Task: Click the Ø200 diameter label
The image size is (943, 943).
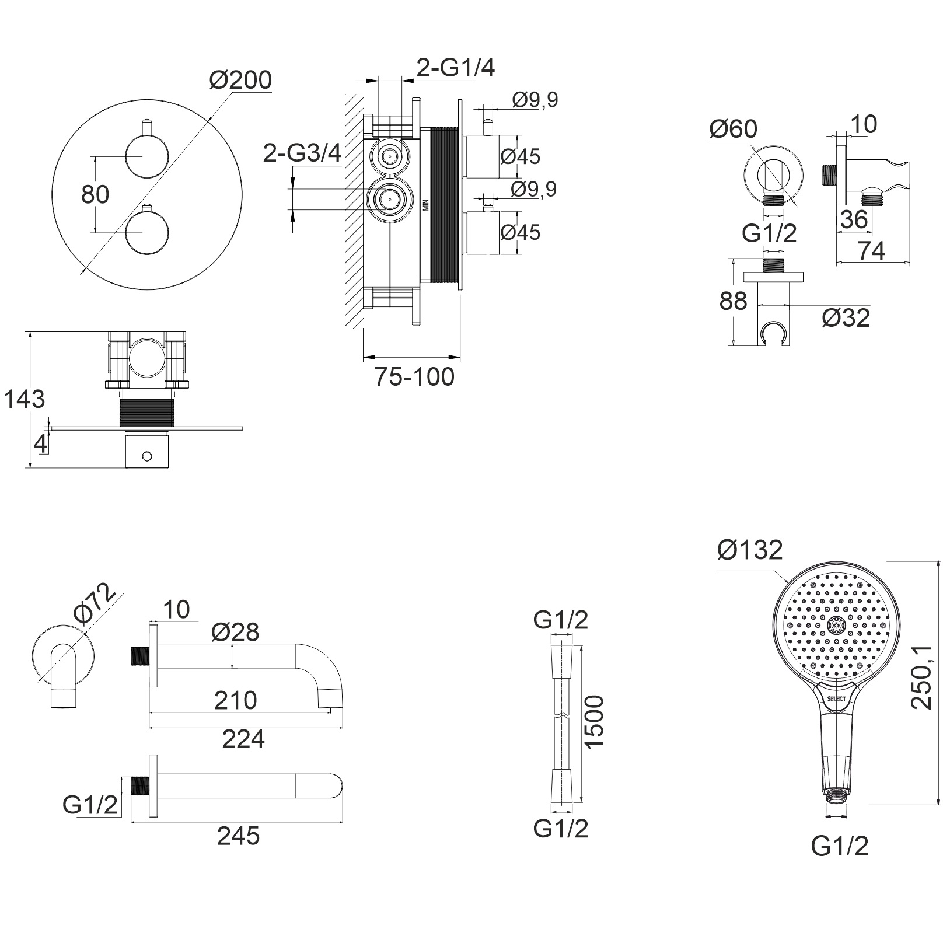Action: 240,80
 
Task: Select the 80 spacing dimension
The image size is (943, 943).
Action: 95,194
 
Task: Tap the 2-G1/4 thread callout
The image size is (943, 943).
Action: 456,68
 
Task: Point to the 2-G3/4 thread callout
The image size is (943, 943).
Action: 302,153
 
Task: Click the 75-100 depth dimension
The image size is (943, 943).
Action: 414,376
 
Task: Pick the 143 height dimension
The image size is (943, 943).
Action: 25,399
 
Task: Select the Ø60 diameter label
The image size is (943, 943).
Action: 733,129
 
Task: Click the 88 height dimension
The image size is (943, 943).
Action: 734,301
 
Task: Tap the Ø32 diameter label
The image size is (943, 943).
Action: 846,317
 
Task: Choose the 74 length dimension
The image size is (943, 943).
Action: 872,251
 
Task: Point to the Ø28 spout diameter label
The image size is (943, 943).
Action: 235,631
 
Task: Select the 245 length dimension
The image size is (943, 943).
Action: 238,836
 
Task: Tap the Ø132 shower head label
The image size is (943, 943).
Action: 750,550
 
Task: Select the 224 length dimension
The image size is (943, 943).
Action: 243,739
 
